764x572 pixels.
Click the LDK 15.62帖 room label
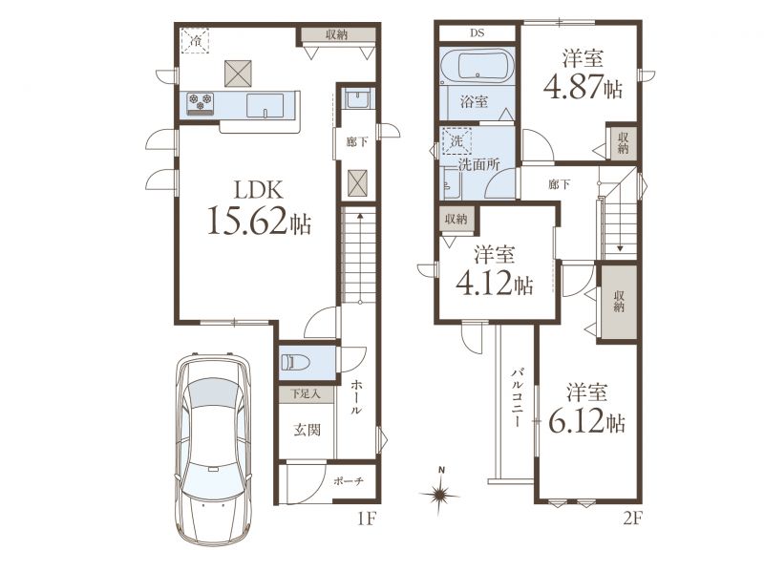pos(259,208)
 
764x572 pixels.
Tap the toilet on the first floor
pos(296,363)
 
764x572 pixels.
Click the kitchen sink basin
pos(265,105)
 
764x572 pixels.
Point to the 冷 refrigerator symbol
pos(196,40)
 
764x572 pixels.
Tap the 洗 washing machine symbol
pos(456,141)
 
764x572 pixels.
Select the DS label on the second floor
pos(477,33)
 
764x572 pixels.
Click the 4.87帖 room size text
pos(583,87)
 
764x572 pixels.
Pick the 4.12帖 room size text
pos(494,283)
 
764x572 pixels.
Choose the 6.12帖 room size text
pos(586,421)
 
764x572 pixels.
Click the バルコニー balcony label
pos(517,398)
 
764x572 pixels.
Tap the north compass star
pos(440,495)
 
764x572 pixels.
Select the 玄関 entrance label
pos(307,430)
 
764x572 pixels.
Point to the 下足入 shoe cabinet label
pos(306,393)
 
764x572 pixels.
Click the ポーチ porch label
pos(349,481)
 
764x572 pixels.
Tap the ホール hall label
pos(356,397)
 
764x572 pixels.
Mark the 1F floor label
pos(366,519)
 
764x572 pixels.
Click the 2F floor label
pos(632,519)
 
